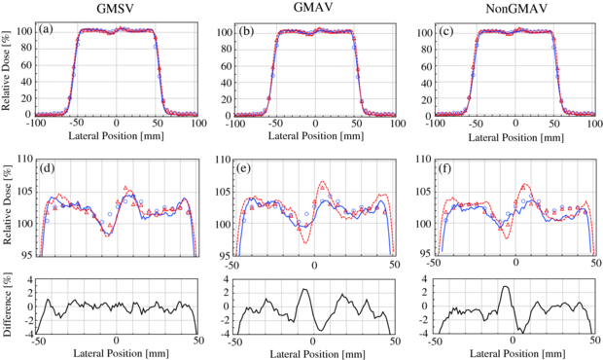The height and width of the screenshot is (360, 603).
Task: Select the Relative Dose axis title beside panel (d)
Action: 9,206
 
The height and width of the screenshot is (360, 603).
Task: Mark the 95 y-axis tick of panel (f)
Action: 420,257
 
